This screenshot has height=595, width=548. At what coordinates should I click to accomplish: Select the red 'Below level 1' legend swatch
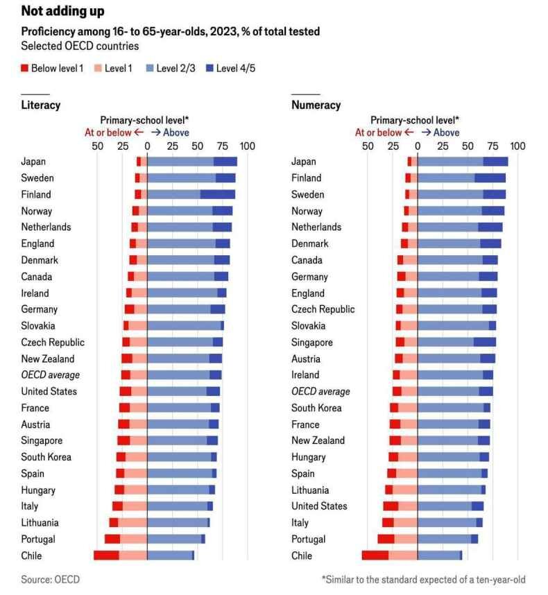coord(25,68)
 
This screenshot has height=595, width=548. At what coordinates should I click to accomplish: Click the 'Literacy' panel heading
coord(40,105)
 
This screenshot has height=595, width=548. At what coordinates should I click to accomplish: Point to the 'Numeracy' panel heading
coord(316,105)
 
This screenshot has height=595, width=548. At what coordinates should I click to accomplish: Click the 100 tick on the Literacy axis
coord(247,146)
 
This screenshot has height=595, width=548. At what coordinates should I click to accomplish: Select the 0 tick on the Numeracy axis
coord(418,146)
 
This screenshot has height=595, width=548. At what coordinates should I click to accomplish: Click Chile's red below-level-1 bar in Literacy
coord(106,555)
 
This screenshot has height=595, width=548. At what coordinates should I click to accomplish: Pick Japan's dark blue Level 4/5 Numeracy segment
coord(495,162)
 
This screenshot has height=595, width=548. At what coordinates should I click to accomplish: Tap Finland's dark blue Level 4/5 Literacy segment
coord(217,194)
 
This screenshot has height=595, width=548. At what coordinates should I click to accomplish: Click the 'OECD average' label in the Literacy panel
coord(50,375)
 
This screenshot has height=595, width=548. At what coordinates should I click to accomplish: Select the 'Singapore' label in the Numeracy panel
coord(312,343)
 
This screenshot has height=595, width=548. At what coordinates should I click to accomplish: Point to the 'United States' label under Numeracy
coord(319,506)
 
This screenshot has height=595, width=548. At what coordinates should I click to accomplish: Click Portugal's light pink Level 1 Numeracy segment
coord(406,539)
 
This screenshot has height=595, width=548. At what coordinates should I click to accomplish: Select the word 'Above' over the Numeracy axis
coord(447,132)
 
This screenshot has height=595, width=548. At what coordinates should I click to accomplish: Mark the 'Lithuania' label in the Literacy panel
coord(40,523)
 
